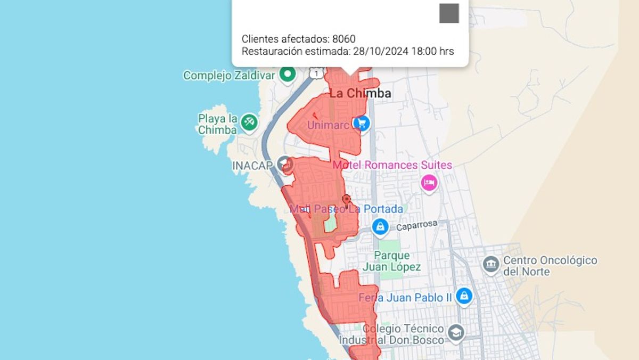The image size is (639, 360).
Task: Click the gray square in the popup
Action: coord(449,13)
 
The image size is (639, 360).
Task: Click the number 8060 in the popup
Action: coord(343,39)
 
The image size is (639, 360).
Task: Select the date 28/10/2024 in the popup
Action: coord(378,52)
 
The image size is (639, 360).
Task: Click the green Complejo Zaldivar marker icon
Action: coord(288,75)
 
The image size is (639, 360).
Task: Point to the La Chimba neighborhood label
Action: coord(361,94)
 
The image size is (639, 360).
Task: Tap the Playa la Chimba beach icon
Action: coord(249,122)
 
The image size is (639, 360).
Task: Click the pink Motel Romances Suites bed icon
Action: coord(429,183)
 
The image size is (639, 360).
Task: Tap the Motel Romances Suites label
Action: coord(392,165)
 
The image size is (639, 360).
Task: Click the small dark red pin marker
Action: coord(347,200)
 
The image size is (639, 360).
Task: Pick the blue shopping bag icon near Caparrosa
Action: coord(380,227)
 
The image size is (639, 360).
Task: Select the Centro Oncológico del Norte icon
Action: coord(490,264)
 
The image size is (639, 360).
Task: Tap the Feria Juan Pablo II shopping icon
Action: coord(464,296)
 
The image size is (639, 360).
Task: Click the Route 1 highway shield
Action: coord(318,72)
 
